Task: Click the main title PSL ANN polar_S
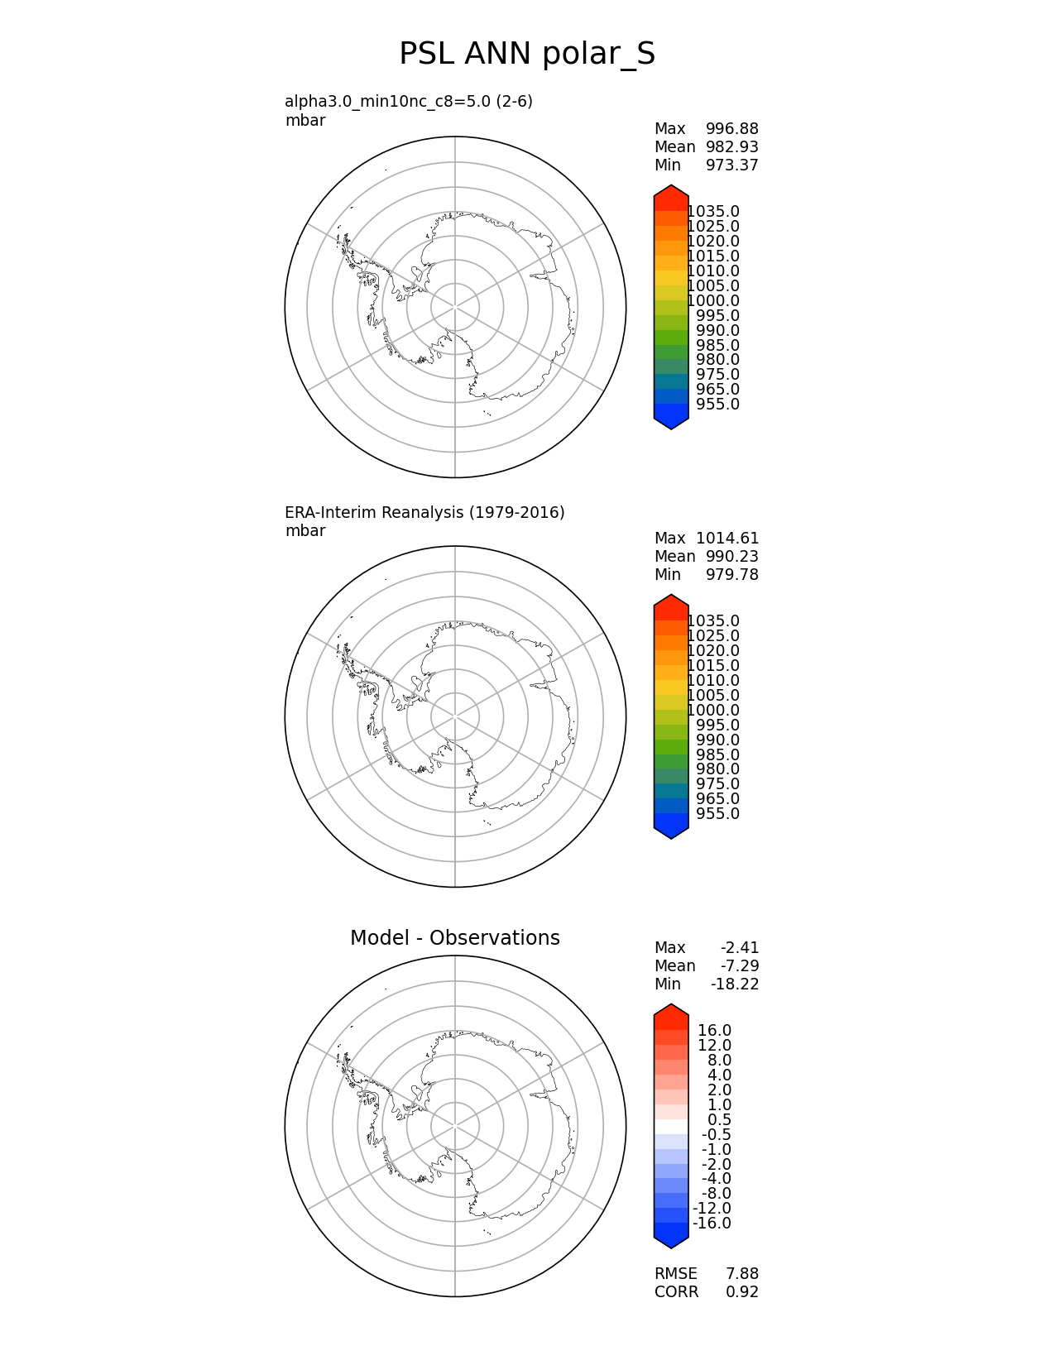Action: point(527,54)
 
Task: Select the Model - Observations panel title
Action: point(454,938)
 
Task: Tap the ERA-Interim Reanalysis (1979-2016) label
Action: point(424,513)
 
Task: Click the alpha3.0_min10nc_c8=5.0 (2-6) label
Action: point(409,102)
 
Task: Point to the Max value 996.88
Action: point(731,129)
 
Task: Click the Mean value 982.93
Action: point(731,147)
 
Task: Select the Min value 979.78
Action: point(731,575)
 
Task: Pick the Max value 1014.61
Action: point(727,539)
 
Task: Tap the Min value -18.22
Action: point(735,984)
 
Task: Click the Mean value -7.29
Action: point(740,966)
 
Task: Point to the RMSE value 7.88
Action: point(742,1274)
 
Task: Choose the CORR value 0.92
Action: point(742,1292)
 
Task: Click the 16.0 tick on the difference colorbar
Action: point(714,1031)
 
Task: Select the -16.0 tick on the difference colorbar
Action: point(712,1224)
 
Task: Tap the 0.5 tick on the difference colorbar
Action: point(719,1120)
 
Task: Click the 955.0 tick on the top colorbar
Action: point(717,405)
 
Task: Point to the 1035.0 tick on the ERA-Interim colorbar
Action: point(713,621)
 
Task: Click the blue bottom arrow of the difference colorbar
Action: point(671,1236)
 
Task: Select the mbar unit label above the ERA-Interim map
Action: point(305,531)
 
